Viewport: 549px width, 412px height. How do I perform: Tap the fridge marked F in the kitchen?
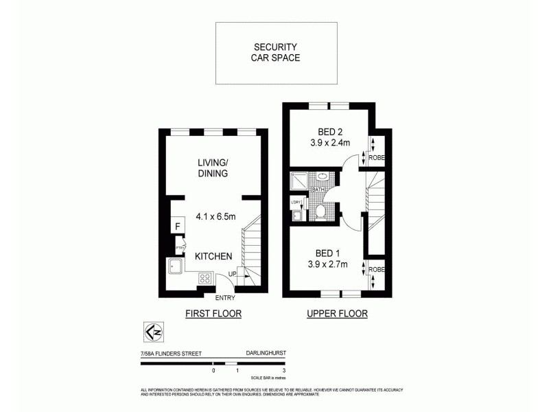coord(177,226)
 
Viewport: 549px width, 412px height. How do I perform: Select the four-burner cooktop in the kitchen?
coord(205,278)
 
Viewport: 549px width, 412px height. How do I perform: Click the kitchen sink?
coord(174,266)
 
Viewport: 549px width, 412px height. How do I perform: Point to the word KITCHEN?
coord(213,256)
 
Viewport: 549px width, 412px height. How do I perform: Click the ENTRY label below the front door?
coord(225,298)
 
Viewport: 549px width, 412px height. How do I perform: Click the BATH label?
coord(318,189)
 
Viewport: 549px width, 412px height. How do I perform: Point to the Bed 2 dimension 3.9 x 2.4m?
coord(329,143)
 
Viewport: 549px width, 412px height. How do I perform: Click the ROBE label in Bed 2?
coord(377,157)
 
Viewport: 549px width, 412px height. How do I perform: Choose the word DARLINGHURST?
coord(265,354)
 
